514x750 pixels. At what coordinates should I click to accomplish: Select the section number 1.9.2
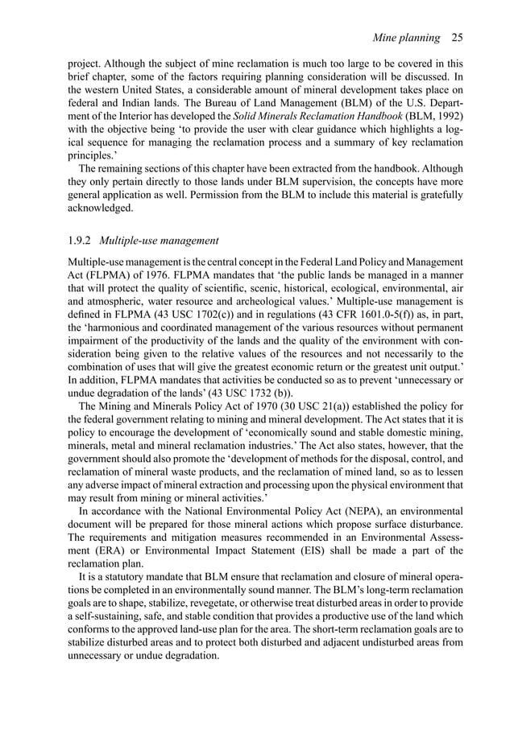(x=83, y=239)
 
